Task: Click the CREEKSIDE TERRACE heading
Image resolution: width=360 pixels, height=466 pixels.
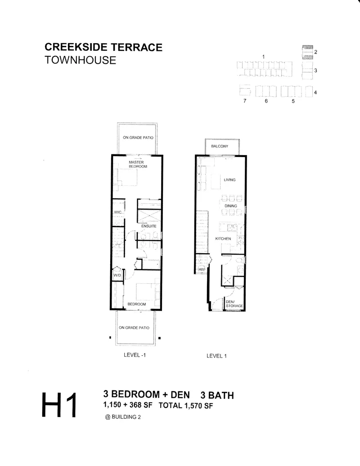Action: (x=103, y=47)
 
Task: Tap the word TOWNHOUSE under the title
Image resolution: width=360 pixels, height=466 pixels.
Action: (x=80, y=60)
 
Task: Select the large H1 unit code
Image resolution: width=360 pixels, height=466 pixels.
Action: (x=59, y=405)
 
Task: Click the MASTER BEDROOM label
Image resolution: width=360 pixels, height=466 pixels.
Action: (x=138, y=164)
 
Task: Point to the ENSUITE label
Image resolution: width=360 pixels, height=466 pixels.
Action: (x=148, y=226)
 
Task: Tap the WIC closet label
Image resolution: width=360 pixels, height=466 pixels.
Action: (x=118, y=212)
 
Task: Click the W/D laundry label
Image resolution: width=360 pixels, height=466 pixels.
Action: (x=117, y=275)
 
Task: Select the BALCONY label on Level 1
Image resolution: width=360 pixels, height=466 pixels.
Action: (x=220, y=146)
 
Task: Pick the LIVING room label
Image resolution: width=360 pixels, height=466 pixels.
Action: (x=229, y=180)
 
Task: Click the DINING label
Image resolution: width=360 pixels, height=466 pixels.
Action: (x=231, y=206)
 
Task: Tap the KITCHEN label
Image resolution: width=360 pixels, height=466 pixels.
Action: (x=223, y=239)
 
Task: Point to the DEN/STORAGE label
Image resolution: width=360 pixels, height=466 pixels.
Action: (x=234, y=304)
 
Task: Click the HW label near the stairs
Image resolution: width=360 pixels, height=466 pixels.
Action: (x=202, y=269)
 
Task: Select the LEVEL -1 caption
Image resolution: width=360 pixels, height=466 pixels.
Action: (x=135, y=355)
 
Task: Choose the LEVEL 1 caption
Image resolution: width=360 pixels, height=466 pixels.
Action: (x=216, y=356)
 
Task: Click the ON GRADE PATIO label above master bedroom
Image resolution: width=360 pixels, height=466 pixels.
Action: (x=138, y=138)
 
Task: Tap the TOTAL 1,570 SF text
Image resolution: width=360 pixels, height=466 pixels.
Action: (x=186, y=405)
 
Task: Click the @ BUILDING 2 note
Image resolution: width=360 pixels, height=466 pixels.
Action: (x=123, y=417)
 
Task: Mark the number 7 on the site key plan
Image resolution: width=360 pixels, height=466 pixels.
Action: (x=245, y=101)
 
